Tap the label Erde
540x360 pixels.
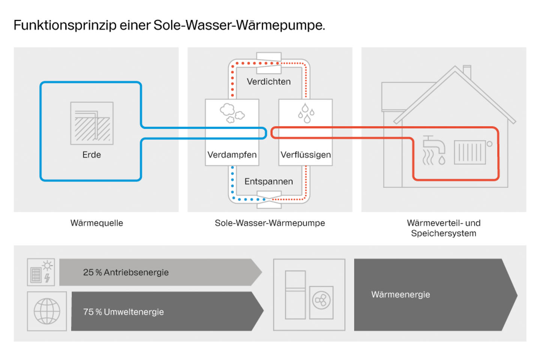click(x=91, y=154)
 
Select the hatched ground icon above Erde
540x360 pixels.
click(x=92, y=123)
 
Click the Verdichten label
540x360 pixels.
click(x=268, y=81)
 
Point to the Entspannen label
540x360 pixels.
click(x=268, y=181)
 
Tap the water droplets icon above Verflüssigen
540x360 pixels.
click(x=306, y=113)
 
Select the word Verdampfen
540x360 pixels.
click(x=232, y=154)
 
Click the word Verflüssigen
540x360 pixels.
click(x=306, y=154)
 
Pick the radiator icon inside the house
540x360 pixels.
click(x=470, y=152)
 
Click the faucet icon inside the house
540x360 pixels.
click(x=434, y=150)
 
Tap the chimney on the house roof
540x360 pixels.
click(x=467, y=71)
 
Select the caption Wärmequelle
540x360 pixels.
click(x=96, y=223)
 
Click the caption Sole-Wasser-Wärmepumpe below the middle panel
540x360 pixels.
click(x=270, y=223)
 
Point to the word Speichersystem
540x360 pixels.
click(x=443, y=233)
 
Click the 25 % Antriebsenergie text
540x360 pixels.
click(x=126, y=272)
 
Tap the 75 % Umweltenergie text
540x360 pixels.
click(x=123, y=312)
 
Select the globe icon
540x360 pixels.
click(x=47, y=311)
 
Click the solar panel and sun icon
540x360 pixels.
click(x=41, y=272)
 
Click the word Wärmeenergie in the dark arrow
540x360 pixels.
click(x=400, y=294)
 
